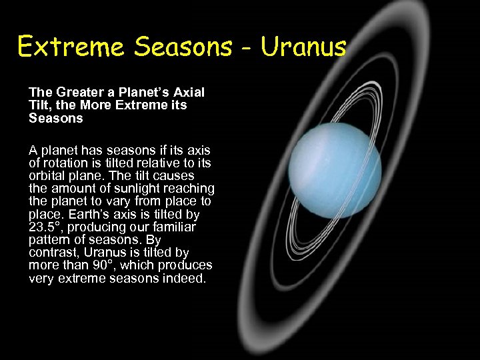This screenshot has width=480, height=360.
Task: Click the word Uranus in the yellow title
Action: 304,47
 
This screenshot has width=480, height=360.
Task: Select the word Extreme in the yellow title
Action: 71,47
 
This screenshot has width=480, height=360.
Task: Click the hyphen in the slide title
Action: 245,49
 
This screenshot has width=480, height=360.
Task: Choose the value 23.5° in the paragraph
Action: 45,228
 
